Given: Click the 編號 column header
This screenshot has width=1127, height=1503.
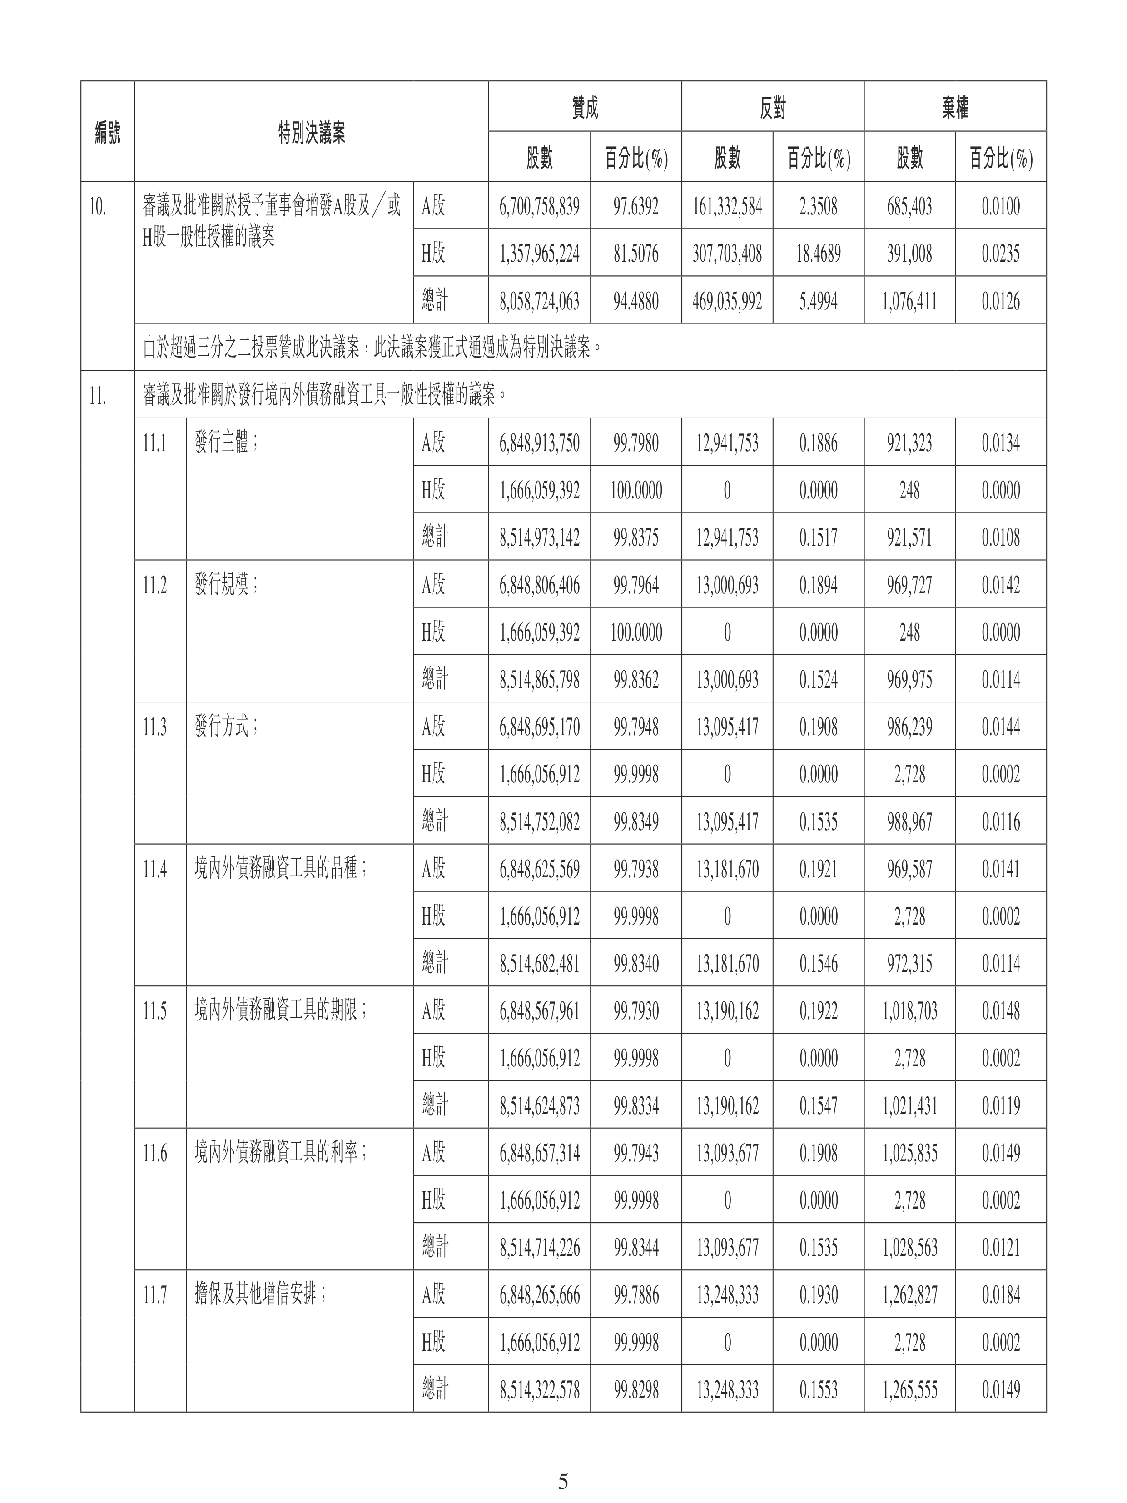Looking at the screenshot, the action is pyautogui.click(x=107, y=132).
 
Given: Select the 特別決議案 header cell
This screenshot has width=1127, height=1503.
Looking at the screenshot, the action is pyautogui.click(x=311, y=132).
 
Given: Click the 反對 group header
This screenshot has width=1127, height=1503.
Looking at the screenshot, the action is pyautogui.click(x=772, y=107).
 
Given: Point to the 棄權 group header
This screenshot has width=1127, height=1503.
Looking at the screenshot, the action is pyautogui.click(x=954, y=107).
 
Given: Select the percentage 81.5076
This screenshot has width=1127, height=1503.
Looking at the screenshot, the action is pyautogui.click(x=636, y=254).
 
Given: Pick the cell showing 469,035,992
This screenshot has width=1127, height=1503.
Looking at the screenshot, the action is pyautogui.click(x=727, y=301).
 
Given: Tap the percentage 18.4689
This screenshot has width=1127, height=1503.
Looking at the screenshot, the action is pyautogui.click(x=818, y=254).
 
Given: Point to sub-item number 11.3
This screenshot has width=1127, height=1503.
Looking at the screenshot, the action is pyautogui.click(x=155, y=727).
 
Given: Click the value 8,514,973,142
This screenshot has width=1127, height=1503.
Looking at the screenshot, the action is pyautogui.click(x=539, y=537).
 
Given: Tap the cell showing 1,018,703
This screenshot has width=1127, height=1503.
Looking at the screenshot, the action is pyautogui.click(x=909, y=1011).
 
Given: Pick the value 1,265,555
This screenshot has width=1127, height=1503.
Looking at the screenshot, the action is pyautogui.click(x=909, y=1389).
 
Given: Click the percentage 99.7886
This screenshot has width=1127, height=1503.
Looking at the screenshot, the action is pyautogui.click(x=636, y=1295).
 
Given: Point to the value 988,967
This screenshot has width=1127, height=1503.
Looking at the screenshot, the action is pyautogui.click(x=909, y=821).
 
